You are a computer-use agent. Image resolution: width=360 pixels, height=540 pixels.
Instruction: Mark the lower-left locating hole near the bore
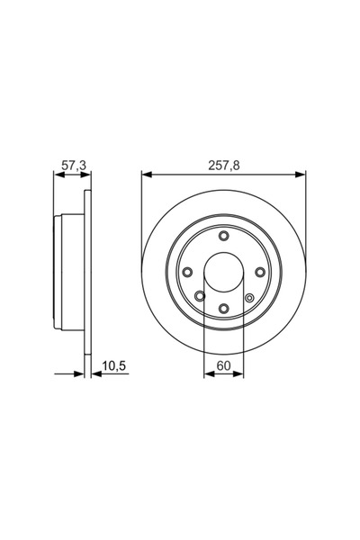coord(199,295)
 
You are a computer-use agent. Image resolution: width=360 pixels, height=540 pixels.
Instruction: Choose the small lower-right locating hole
coord(249,296)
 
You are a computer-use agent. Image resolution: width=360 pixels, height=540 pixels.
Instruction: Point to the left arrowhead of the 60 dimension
coord(208,373)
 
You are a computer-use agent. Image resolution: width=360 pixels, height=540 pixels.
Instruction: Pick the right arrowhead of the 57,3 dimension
coord(88,175)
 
